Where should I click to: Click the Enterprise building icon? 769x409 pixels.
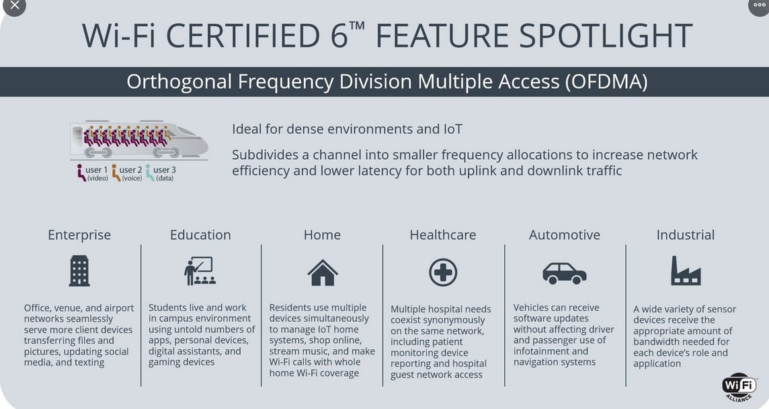[79, 271]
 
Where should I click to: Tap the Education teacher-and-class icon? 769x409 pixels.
[200, 271]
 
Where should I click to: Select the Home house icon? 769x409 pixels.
[322, 273]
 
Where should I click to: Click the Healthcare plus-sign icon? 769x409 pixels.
[443, 273]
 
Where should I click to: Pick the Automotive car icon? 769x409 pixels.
[564, 273]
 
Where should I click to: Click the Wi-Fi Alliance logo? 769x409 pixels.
[739, 387]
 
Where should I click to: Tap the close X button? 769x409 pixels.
[14, 5]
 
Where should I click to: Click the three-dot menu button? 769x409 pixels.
[759, 5]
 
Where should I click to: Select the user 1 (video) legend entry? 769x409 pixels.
[92, 173]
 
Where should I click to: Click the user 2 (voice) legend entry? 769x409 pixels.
[127, 173]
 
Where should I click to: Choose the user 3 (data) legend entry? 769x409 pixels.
[161, 173]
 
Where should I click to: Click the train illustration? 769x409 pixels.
[138, 140]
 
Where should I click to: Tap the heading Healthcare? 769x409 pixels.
[443, 235]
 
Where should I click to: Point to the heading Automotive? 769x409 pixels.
[565, 235]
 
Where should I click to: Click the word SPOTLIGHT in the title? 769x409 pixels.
[606, 36]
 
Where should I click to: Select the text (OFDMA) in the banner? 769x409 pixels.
[606, 82]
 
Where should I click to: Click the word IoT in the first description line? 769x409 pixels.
[452, 129]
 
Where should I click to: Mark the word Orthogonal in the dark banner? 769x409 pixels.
[179, 82]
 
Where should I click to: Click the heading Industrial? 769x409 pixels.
[686, 235]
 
